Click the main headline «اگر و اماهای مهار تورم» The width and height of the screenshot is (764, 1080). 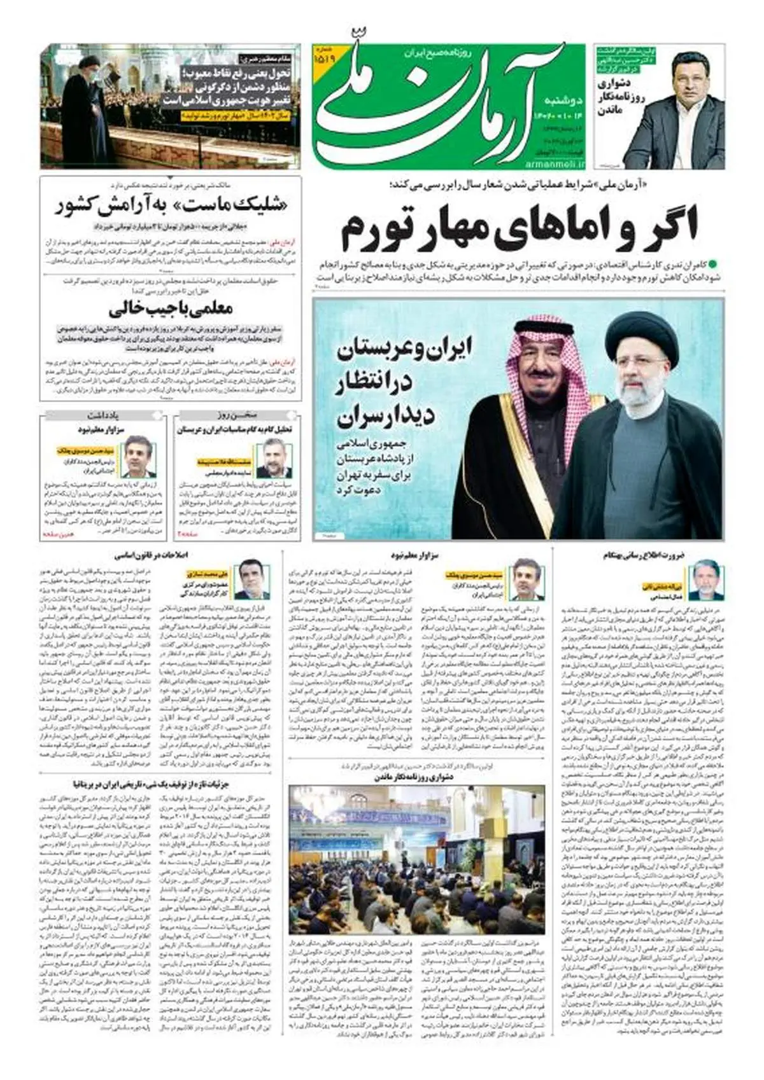520,227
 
